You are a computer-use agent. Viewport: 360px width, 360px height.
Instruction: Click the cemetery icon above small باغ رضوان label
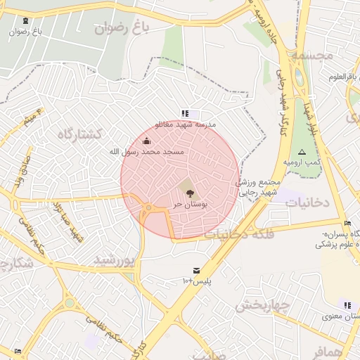(x=26, y=21)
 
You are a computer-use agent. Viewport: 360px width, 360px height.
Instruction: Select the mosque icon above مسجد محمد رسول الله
(x=146, y=141)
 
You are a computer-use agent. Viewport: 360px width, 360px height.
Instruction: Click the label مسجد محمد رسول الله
(x=147, y=151)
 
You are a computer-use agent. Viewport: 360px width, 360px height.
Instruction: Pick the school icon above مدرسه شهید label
(x=185, y=113)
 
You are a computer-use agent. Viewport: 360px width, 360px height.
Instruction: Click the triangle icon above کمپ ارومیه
(x=302, y=152)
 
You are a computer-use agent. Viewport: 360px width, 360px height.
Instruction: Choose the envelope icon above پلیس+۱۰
(x=196, y=271)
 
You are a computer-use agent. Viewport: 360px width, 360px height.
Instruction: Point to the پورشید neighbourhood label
(x=114, y=260)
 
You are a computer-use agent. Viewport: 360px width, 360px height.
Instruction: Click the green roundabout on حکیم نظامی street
(x=70, y=303)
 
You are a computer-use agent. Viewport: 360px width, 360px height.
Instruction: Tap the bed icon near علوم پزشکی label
(x=347, y=224)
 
